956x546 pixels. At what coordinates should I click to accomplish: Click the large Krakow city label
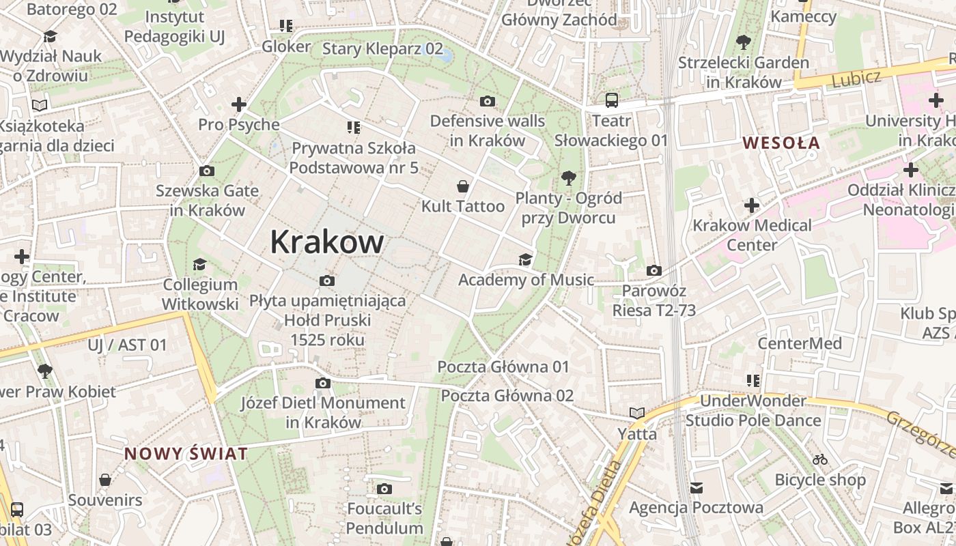327,242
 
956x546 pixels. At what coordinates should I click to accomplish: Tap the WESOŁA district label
781,143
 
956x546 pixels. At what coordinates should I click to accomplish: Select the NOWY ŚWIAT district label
186,454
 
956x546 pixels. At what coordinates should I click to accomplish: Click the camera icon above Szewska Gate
206,171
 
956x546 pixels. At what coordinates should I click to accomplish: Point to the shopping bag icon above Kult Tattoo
463,186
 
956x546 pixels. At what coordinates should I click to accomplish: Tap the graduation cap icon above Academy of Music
525,259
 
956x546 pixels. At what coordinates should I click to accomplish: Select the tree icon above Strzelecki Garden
743,42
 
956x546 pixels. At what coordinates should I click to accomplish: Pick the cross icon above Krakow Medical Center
752,205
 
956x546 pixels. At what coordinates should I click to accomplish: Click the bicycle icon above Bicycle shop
820,459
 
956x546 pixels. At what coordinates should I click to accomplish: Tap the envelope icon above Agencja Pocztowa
696,487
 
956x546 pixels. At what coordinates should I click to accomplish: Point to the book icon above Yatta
637,413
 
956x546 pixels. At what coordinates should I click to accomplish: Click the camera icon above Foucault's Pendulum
384,489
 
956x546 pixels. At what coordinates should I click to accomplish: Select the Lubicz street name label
856,78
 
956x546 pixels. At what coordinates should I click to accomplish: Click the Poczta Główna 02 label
507,396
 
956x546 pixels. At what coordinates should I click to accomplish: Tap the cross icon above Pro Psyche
238,104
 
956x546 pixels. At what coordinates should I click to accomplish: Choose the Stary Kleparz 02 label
382,48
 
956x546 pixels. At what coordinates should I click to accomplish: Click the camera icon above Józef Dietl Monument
323,383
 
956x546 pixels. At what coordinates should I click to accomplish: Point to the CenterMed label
800,343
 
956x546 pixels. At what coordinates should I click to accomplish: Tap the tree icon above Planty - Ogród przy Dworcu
568,179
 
